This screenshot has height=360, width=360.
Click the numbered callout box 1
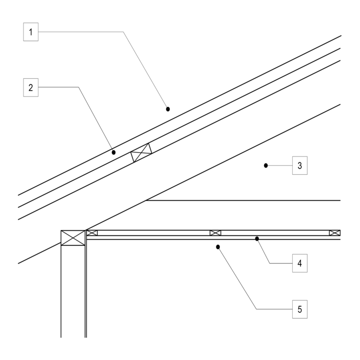click(31, 32)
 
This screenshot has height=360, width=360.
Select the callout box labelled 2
click(31, 87)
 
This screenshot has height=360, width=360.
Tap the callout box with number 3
click(299, 166)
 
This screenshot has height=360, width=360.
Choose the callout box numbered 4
click(299, 264)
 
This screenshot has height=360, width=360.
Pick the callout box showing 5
click(299, 310)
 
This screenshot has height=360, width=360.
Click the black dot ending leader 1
click(168, 109)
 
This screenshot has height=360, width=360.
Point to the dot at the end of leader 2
click(114, 152)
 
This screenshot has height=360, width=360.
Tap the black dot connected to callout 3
click(266, 166)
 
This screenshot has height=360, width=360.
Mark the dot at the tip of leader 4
click(257, 238)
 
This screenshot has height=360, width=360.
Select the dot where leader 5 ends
click(218, 247)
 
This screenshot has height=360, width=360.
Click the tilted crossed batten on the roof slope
click(142, 153)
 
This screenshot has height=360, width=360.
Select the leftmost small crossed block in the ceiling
click(92, 233)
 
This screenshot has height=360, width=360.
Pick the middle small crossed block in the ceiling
click(216, 233)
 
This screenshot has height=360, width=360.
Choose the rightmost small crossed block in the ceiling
click(335, 233)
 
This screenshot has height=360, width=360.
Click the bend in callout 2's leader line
click(78, 87)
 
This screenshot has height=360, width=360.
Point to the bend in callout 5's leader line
click(257, 310)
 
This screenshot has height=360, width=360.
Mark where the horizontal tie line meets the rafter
click(146, 200)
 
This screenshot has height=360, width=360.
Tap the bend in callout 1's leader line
click(124, 32)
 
